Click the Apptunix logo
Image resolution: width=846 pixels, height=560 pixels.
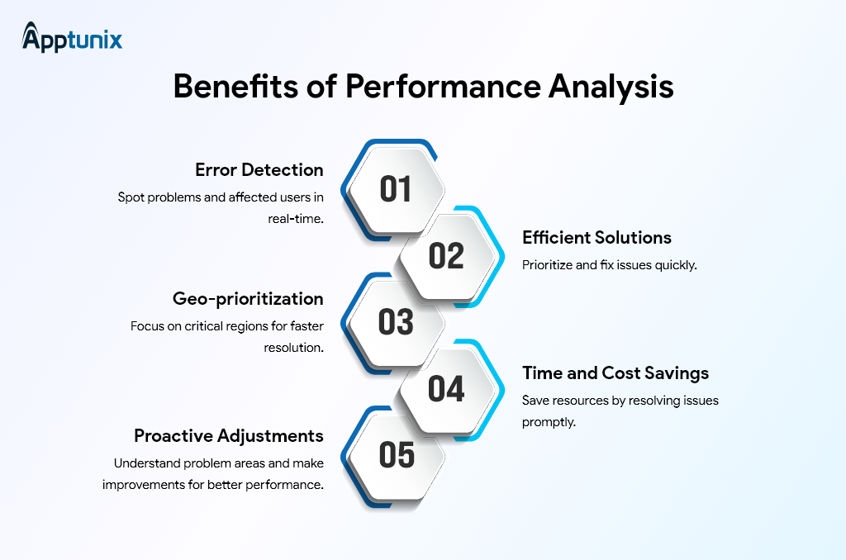tap(73, 38)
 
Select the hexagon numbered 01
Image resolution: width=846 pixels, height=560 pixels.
tap(396, 188)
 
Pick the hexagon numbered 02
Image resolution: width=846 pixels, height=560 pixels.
tap(446, 256)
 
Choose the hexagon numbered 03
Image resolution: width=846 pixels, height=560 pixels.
tap(396, 322)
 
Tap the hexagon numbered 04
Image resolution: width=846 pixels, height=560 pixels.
tap(446, 389)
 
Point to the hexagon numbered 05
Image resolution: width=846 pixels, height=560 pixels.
tap(396, 455)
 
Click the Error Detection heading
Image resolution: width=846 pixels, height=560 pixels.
tap(259, 170)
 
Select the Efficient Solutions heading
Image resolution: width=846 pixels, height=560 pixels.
tap(596, 238)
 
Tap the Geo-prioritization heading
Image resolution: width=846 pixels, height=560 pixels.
tap(248, 298)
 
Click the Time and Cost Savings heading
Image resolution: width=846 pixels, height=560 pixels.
tap(615, 373)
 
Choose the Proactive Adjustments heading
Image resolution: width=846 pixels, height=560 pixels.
tap(229, 435)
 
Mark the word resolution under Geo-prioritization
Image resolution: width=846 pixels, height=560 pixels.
tap(293, 348)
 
